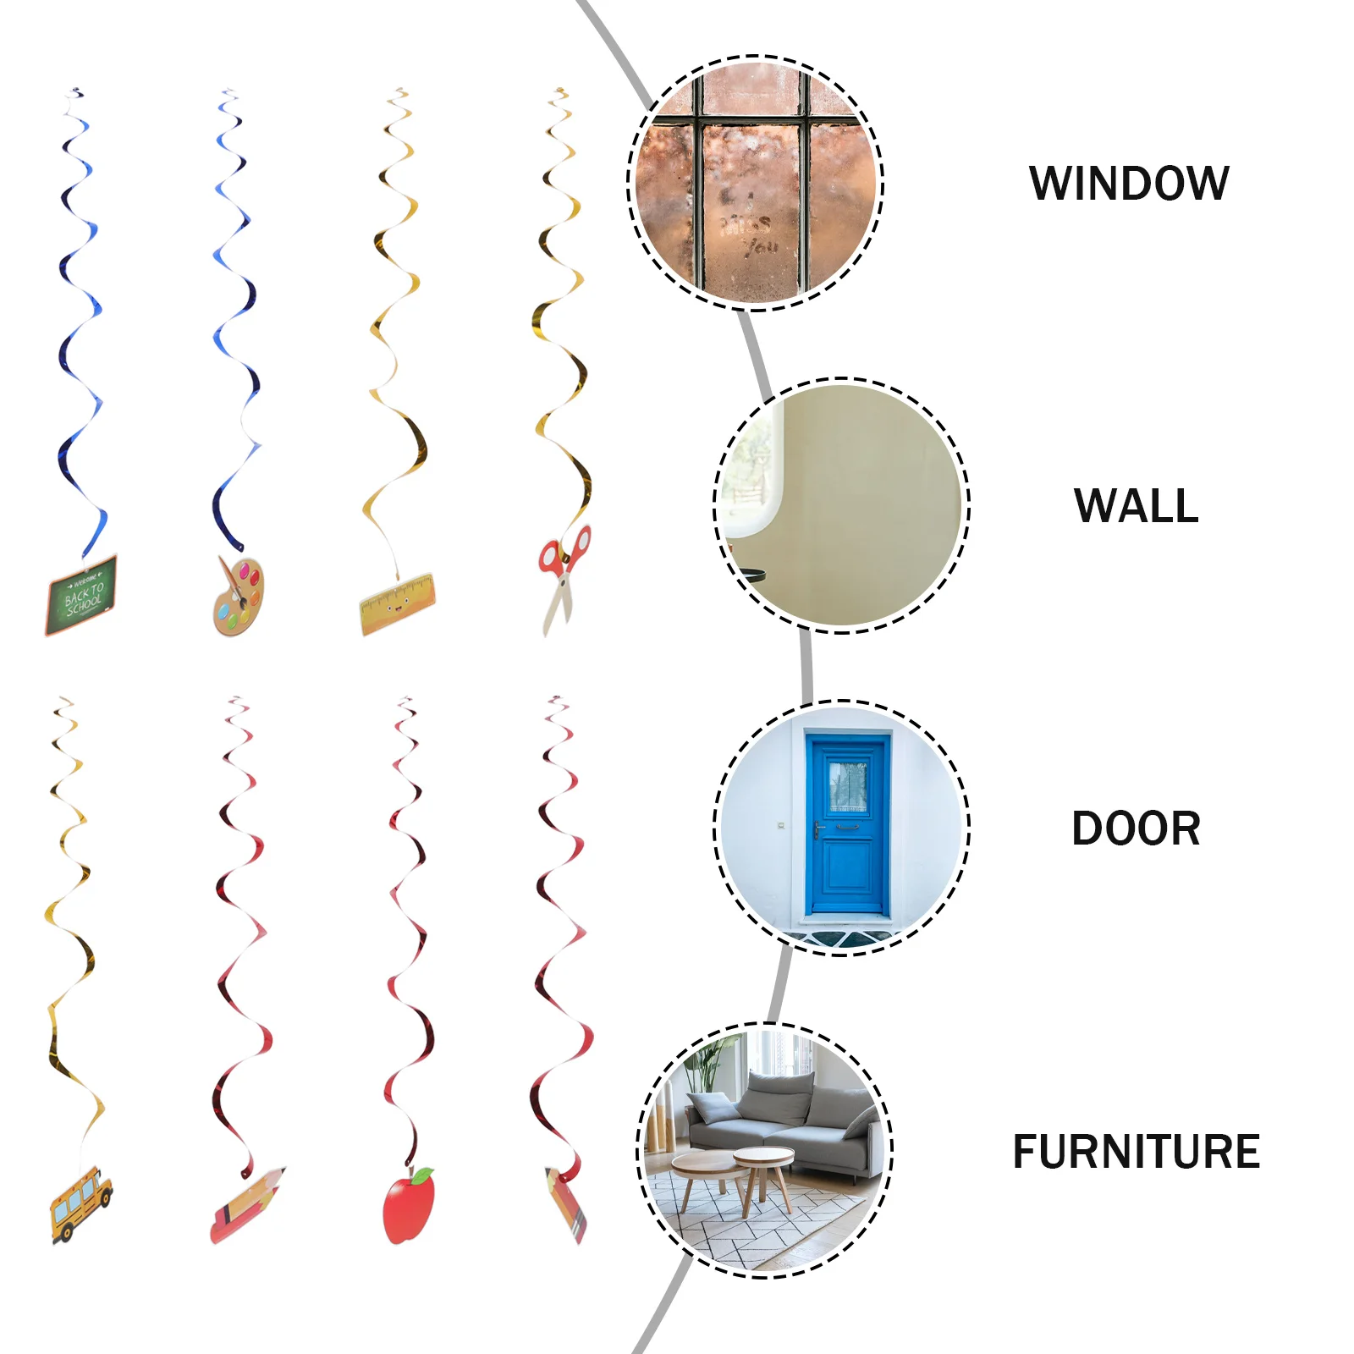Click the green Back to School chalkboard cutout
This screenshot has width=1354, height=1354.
click(81, 595)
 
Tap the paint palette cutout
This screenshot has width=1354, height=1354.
click(239, 597)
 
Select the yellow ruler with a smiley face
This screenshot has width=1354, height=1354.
click(397, 604)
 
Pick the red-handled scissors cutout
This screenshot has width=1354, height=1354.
click(564, 575)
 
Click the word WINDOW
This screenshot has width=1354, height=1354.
click(1129, 184)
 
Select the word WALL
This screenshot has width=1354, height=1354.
click(1136, 506)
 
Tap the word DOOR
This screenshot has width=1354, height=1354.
click(1136, 828)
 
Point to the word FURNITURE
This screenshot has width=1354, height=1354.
click(1136, 1152)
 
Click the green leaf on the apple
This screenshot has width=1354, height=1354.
click(422, 1176)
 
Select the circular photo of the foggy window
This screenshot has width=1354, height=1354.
click(755, 184)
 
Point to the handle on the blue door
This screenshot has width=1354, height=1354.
click(819, 829)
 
